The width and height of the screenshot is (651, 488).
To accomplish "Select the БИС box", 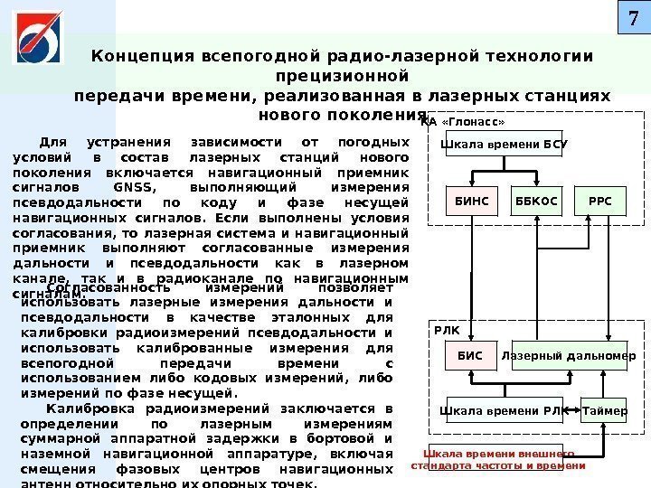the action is [x=469, y=357].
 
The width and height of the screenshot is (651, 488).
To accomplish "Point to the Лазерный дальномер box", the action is [x=568, y=357].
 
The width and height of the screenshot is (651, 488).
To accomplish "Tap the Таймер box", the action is [x=605, y=411].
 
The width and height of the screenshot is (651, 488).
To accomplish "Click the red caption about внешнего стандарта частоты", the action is [x=499, y=459].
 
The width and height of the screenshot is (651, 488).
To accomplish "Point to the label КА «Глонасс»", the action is [x=463, y=121].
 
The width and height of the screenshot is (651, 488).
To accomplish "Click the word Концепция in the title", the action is [x=135, y=56].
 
